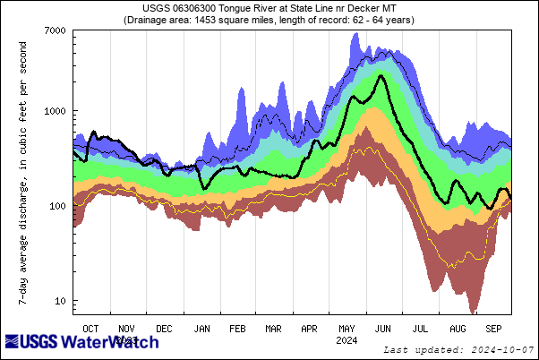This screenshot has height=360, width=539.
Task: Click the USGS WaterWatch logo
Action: tap(82, 343)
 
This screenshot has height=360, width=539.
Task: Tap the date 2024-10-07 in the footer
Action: tap(502, 348)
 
